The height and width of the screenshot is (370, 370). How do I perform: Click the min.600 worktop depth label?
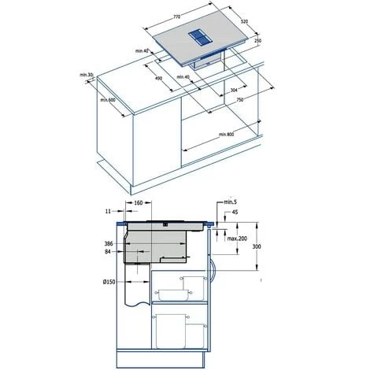[x=108, y=100]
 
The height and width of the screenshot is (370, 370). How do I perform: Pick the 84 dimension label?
[x=109, y=253]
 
